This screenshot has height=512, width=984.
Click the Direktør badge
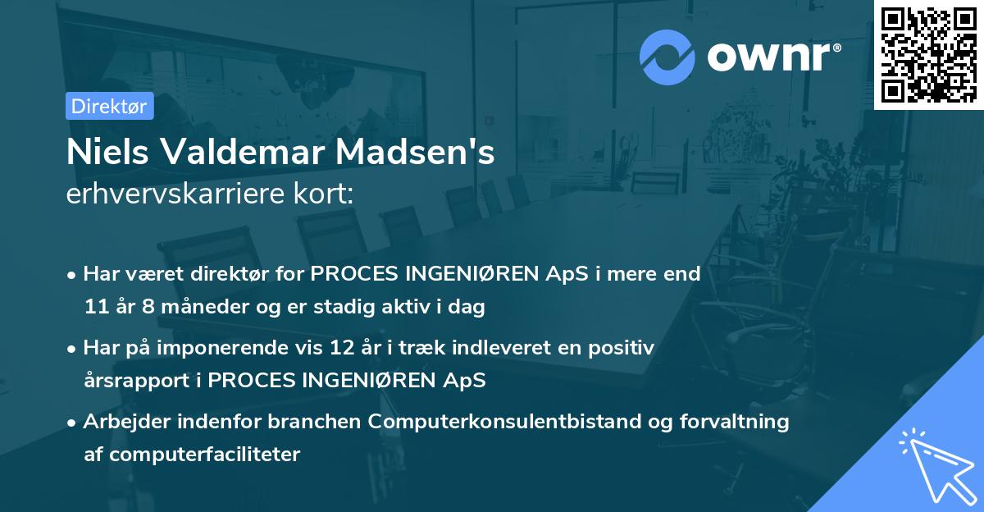[109, 106]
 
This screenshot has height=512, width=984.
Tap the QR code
[927, 54]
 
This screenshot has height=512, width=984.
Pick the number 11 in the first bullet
[94, 308]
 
